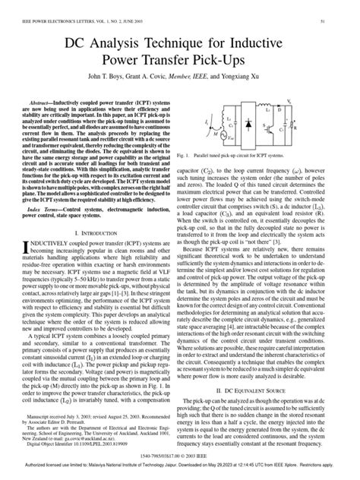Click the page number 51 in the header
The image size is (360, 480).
(346, 6)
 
